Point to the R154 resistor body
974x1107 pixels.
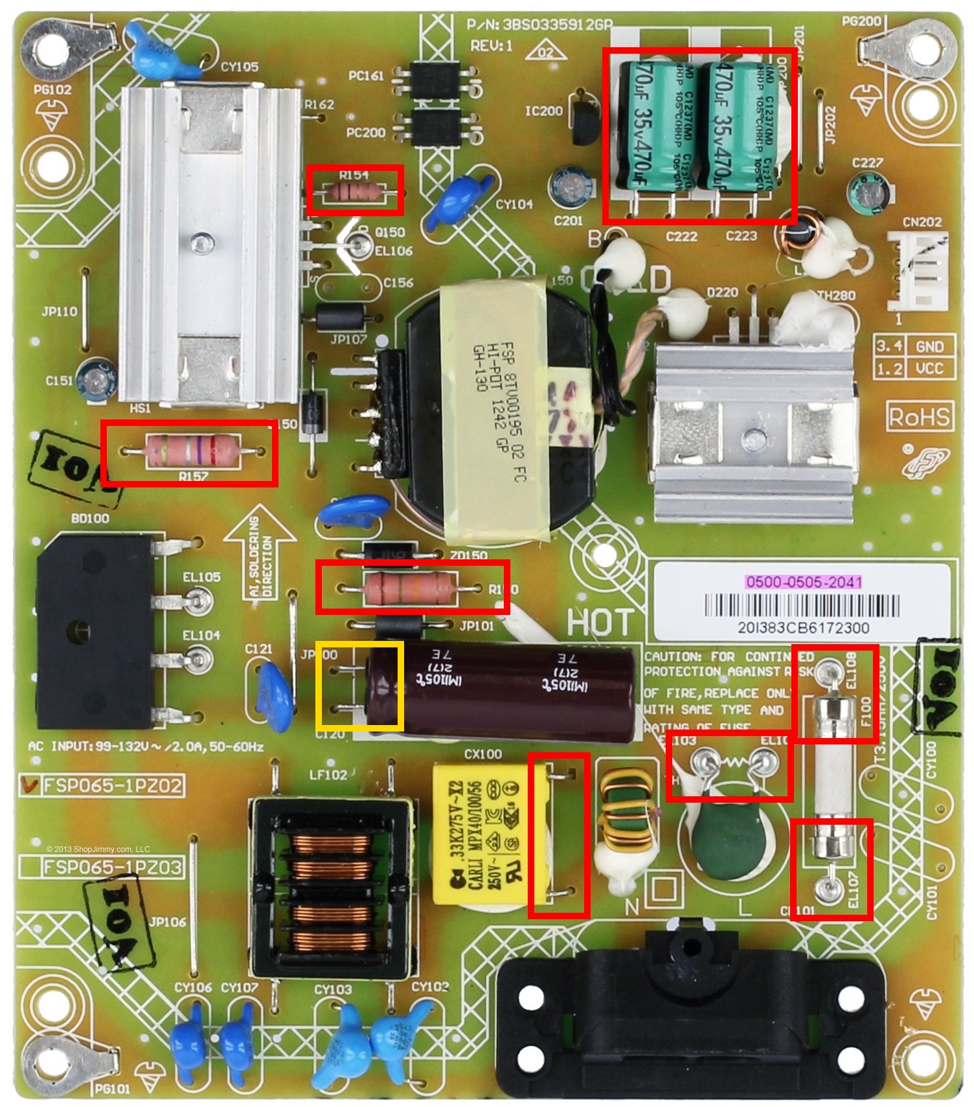pyautogui.click(x=354, y=192)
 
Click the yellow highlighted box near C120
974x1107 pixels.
pyautogui.click(x=359, y=687)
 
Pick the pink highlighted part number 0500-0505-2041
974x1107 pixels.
pyautogui.click(x=803, y=581)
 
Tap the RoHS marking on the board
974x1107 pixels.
pyautogui.click(x=919, y=417)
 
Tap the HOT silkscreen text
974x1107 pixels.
pyautogui.click(x=600, y=622)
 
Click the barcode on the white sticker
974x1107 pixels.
pyautogui.click(x=802, y=607)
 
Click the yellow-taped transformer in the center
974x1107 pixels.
pyautogui.click(x=499, y=408)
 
